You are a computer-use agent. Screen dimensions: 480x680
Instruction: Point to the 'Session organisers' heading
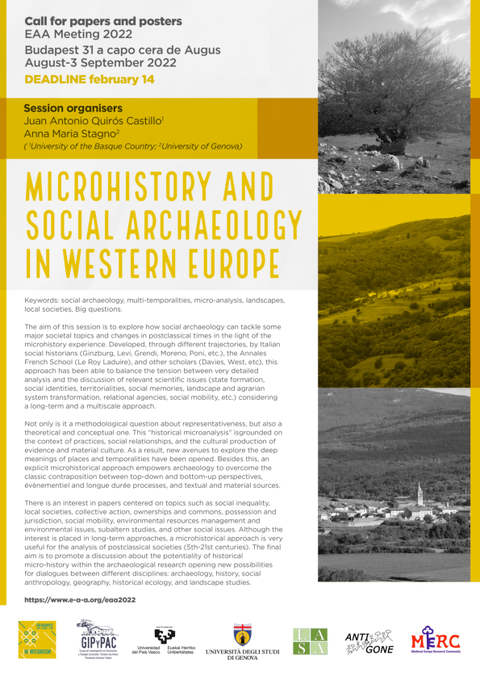point(73,107)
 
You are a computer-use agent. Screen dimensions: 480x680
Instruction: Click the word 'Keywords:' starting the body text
point(48,300)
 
